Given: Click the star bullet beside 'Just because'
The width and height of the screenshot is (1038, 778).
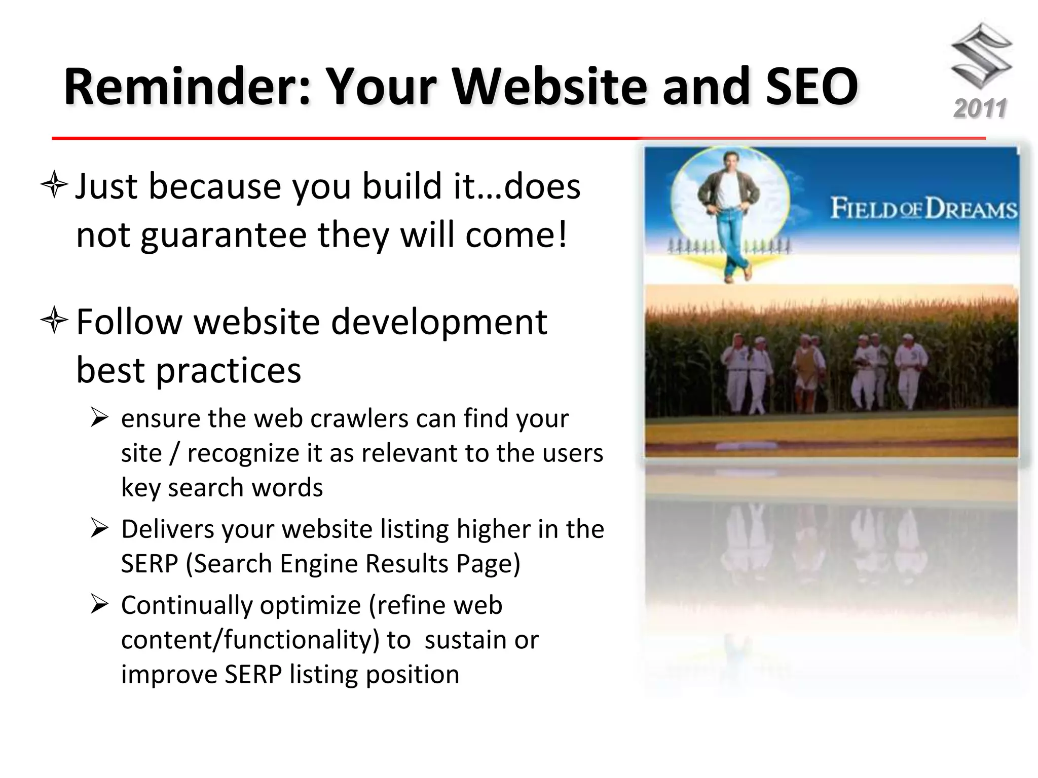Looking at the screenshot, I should coord(54,186).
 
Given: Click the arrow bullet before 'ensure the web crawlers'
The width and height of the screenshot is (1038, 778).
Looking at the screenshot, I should coord(99,419).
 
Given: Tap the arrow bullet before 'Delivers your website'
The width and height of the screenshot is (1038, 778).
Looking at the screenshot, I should coord(99,529).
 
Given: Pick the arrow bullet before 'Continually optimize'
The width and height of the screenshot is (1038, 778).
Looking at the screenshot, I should coord(99,605).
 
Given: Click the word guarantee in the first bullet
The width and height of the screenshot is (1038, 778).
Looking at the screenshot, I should coord(224,236).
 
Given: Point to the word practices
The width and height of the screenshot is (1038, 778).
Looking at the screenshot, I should coord(228,370).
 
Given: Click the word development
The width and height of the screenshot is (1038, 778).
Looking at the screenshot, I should coord(439,322).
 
